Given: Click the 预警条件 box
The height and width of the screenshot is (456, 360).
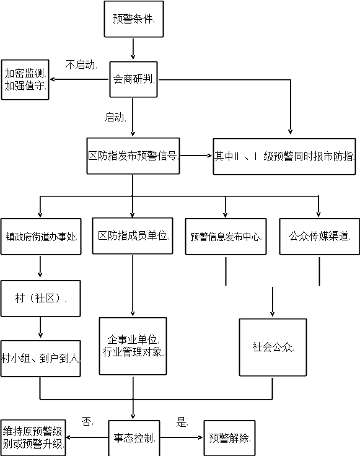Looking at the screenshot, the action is tap(134, 19).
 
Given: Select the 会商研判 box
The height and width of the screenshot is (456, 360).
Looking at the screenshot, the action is tap(133, 79).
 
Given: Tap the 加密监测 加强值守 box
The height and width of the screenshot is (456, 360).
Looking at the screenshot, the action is tap(25, 80).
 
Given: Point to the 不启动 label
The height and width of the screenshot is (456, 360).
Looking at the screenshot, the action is tap(81, 64).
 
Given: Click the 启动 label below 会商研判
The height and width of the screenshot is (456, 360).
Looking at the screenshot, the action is tap(114, 117).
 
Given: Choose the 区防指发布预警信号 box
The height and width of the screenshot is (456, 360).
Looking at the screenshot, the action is tap(133, 156).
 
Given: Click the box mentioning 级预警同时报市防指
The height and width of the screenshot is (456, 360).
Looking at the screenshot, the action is tap(284, 157).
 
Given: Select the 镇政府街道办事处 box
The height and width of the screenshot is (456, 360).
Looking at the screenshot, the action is tap(41, 237).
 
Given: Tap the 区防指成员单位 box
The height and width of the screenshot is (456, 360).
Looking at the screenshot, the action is tap(133, 236).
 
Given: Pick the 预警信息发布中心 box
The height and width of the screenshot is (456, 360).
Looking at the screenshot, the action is tap(226, 237).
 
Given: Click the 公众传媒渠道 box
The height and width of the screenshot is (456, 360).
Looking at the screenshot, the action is tap(319, 237).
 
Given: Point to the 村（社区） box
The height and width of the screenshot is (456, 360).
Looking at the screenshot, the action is tap(41, 299).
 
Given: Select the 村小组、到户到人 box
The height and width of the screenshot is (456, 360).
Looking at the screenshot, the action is tap(40, 359).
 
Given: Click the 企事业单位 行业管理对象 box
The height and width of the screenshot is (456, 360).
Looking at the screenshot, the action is tap(133, 346).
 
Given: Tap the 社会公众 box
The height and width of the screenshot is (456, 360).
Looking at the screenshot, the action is tap(273, 348).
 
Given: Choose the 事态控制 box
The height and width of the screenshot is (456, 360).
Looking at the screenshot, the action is tap(134, 438).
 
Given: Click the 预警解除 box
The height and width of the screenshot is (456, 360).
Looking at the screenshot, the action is tap(229, 438).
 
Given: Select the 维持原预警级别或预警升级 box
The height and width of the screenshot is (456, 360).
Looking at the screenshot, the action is tap(33, 438).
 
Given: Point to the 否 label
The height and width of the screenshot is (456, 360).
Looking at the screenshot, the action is tap(86, 421).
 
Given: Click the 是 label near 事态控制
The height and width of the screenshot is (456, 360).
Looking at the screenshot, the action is tap(181, 422).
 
